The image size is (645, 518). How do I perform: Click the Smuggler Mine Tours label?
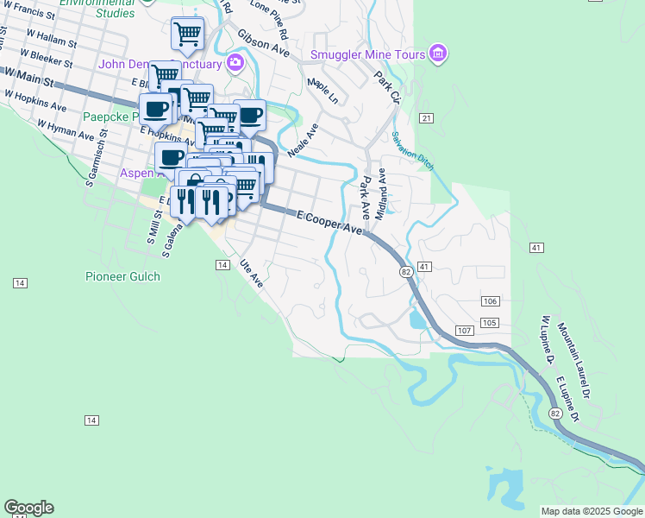click(x=368, y=54)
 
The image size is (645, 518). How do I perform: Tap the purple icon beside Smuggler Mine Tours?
click(x=438, y=54)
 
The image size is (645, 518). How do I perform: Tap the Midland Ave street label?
click(x=382, y=192)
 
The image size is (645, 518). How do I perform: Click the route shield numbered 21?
click(x=426, y=117)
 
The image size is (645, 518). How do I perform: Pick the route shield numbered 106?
click(x=491, y=300)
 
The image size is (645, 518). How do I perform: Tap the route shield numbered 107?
click(x=463, y=332)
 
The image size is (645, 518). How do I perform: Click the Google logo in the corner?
click(x=28, y=508)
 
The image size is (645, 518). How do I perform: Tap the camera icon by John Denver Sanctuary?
click(x=235, y=63)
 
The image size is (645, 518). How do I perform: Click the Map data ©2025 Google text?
click(x=591, y=511)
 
